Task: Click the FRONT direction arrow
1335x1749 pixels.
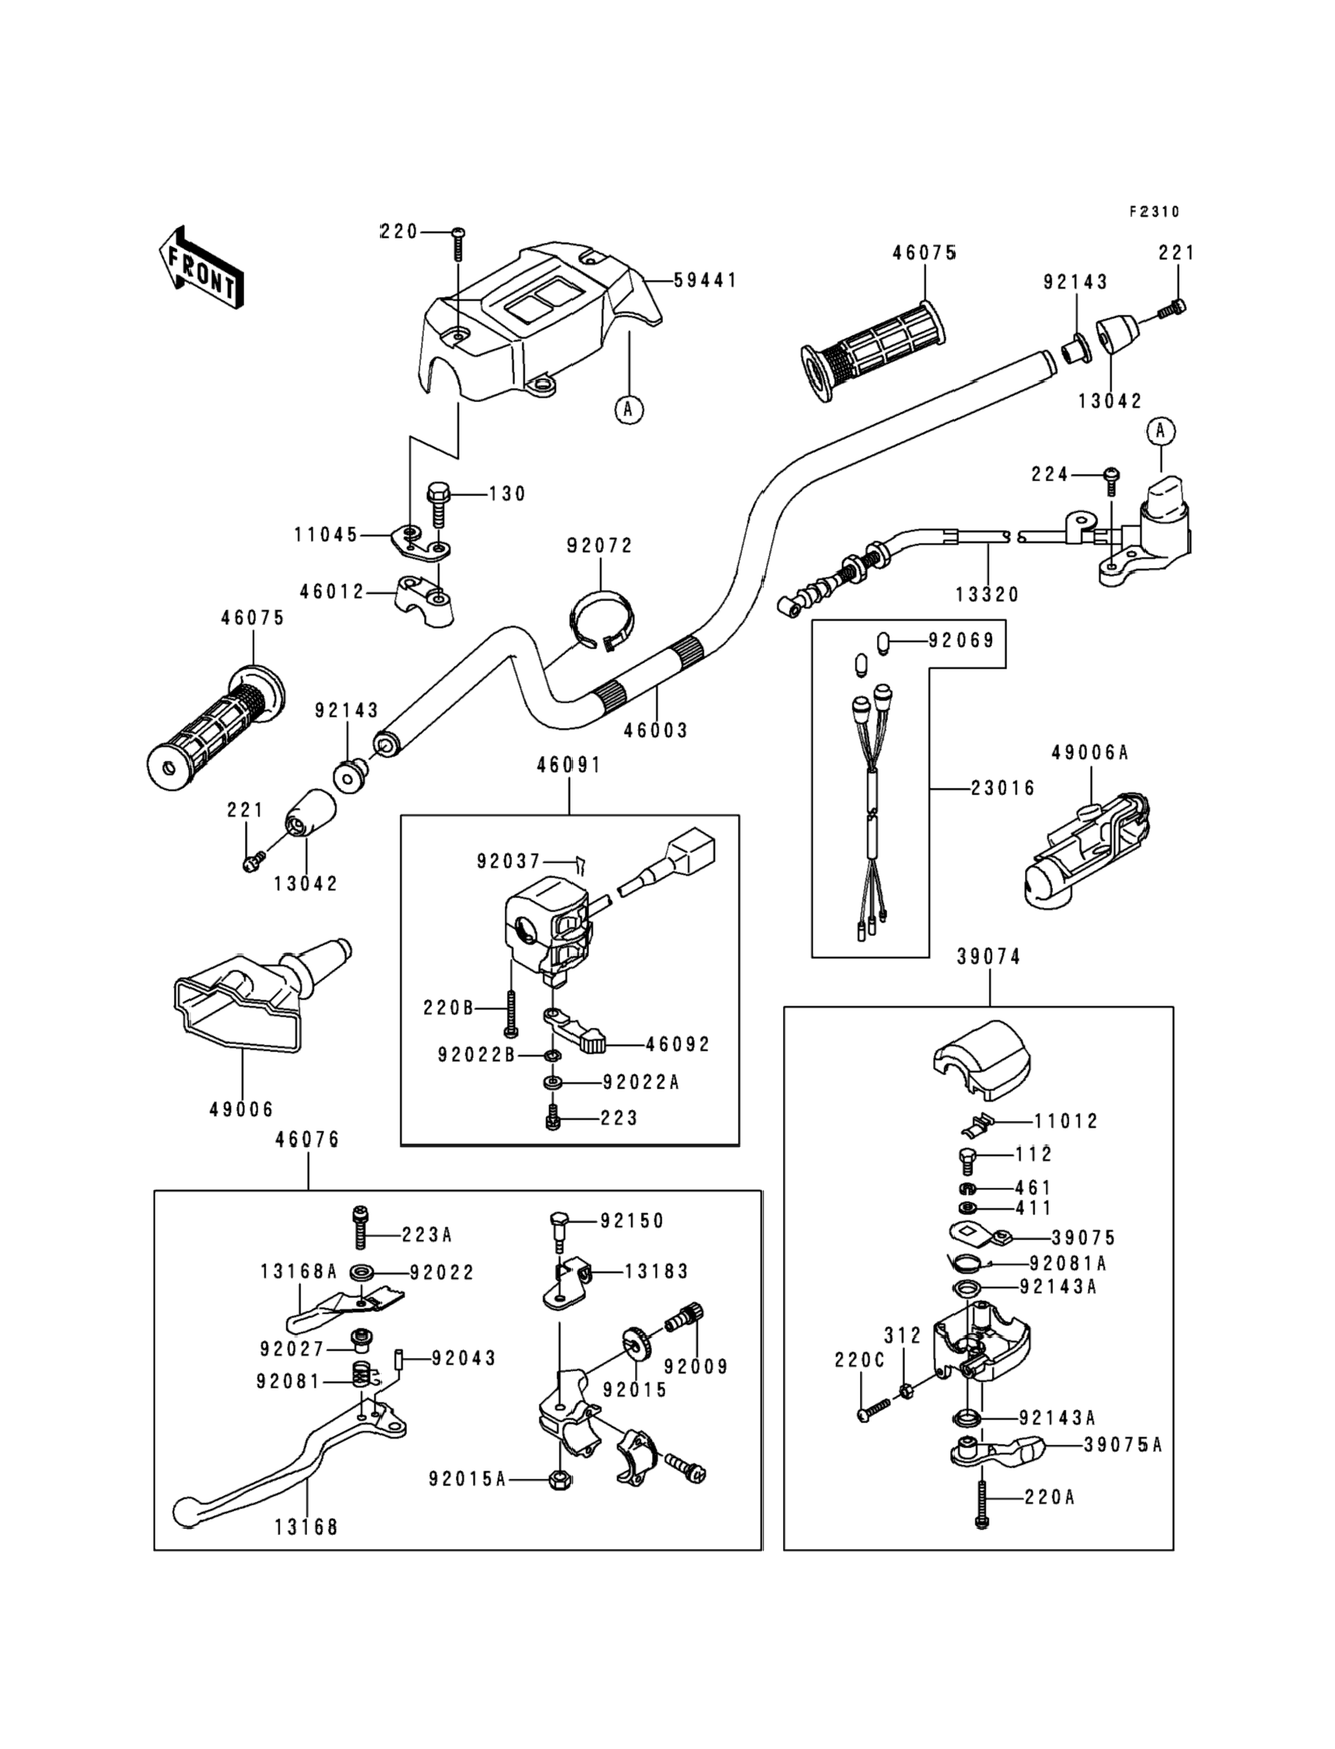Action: (201, 268)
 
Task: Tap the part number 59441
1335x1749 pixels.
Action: (706, 281)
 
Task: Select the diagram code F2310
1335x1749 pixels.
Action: (1154, 212)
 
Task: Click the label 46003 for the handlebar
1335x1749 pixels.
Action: (656, 730)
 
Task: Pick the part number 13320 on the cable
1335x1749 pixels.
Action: (988, 595)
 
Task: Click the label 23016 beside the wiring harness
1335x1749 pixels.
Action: (1003, 788)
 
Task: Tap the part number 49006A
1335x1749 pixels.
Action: (1089, 752)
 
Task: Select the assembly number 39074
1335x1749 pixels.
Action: (989, 957)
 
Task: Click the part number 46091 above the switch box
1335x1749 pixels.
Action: (569, 765)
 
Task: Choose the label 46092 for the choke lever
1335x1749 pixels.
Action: (678, 1044)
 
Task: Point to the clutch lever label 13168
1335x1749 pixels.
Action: (306, 1526)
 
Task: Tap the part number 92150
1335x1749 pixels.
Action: (632, 1220)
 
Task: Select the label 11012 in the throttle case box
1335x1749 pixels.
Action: (1066, 1121)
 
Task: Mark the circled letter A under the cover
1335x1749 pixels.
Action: (629, 409)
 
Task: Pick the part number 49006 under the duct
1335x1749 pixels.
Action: (241, 1109)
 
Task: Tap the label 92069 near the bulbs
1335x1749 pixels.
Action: (961, 640)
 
